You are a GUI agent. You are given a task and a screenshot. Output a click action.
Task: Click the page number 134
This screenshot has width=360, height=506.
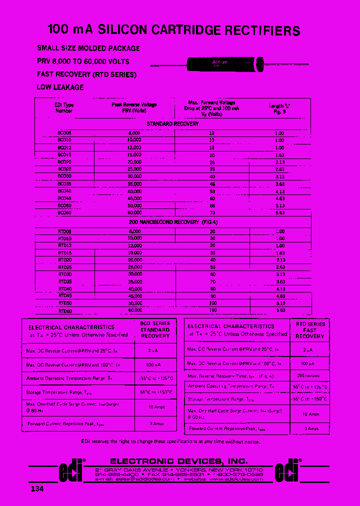click(x=36, y=488)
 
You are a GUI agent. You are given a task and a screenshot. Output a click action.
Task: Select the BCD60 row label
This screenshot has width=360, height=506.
click(x=64, y=212)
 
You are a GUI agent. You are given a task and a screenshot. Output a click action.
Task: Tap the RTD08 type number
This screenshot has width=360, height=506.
click(x=65, y=231)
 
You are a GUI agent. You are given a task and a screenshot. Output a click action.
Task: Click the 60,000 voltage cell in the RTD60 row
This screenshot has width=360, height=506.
click(x=135, y=310)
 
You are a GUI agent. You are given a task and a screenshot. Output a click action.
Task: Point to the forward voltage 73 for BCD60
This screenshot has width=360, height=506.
click(x=212, y=212)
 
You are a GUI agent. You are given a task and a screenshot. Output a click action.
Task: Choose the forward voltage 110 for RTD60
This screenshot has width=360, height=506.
click(x=212, y=310)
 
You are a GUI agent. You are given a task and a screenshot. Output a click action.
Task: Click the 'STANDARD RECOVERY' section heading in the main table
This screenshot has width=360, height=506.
click(x=172, y=123)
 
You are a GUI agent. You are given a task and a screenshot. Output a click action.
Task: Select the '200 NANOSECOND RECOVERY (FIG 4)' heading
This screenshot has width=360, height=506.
click(x=173, y=222)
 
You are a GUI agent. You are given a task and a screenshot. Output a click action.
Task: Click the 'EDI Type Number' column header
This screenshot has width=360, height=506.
click(x=64, y=108)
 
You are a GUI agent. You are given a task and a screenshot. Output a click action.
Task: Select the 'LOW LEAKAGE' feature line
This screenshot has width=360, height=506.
click(x=60, y=87)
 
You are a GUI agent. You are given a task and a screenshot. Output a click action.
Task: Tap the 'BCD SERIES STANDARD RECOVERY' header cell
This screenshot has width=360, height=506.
click(x=155, y=330)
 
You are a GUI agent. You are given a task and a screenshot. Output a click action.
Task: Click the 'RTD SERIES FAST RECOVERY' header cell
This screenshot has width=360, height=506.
click(x=310, y=330)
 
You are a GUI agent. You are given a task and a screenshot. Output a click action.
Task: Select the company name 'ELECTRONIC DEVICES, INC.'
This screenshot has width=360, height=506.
click(x=178, y=461)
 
